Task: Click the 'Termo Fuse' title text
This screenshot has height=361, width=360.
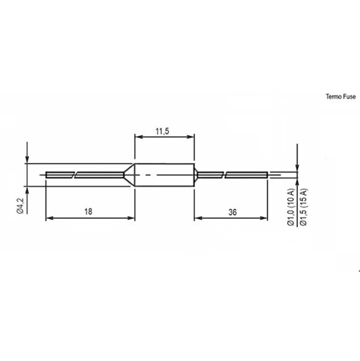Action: (340, 97)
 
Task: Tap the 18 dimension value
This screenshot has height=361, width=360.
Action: (88, 211)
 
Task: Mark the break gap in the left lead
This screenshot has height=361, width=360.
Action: (73, 175)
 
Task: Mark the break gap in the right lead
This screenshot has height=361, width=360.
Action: (223, 175)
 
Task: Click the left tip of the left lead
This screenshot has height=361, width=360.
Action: (47, 175)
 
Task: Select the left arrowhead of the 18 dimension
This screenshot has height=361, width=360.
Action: (50, 218)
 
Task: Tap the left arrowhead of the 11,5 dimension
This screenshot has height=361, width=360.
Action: (137, 137)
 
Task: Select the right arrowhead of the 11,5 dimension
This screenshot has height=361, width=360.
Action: (192, 137)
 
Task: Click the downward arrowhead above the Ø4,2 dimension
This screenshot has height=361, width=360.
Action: (27, 160)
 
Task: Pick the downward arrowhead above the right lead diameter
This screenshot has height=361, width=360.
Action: (296, 167)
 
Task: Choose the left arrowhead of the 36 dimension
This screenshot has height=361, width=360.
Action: (197, 218)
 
